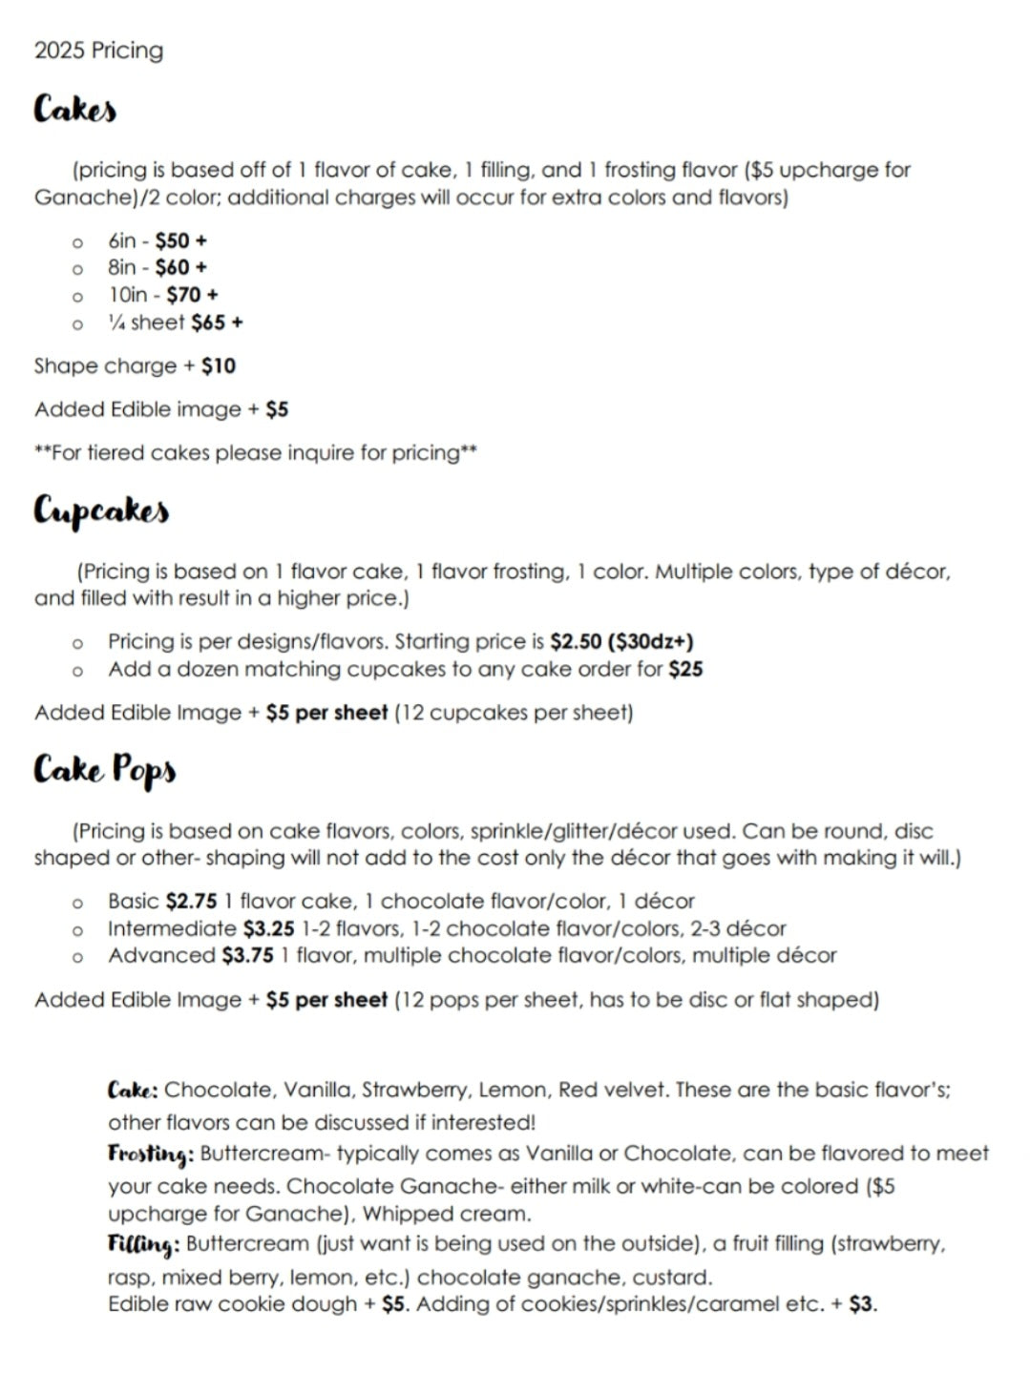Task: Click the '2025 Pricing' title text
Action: click(x=98, y=51)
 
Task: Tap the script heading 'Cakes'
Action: click(x=75, y=109)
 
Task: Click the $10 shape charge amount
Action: click(x=219, y=366)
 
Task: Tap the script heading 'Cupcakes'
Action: click(x=101, y=511)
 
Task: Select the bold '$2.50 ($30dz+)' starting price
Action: click(x=621, y=641)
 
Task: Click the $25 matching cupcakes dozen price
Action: click(x=685, y=669)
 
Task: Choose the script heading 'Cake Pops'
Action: click(x=105, y=769)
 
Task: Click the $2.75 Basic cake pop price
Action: click(x=191, y=901)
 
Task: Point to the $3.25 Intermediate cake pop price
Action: click(x=268, y=928)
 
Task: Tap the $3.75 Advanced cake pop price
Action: click(x=247, y=955)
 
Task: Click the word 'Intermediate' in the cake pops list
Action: click(x=172, y=928)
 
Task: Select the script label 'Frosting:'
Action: click(x=151, y=1154)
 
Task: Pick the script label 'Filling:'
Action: click(x=143, y=1244)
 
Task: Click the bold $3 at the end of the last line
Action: click(x=861, y=1304)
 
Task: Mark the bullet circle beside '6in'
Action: click(x=77, y=241)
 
